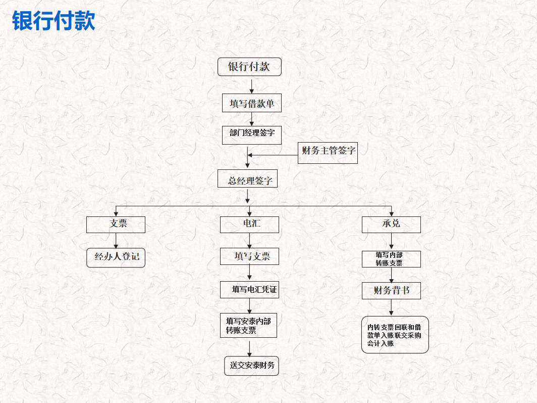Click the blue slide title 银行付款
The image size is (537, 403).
point(53,21)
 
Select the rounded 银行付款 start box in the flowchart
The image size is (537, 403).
point(249,67)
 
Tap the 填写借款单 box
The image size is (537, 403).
point(251,103)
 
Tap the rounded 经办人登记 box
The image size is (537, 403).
point(116,257)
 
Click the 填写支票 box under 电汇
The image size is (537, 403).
point(249,256)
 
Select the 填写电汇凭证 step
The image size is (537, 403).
point(249,289)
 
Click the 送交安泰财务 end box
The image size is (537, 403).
point(251,366)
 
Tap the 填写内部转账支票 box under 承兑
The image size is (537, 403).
point(391,259)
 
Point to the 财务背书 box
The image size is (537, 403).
point(391,291)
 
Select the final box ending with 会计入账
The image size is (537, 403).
point(395,335)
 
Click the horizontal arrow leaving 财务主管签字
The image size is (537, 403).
point(273,155)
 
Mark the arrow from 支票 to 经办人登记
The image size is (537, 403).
point(116,241)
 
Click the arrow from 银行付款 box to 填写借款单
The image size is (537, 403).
point(251,85)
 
